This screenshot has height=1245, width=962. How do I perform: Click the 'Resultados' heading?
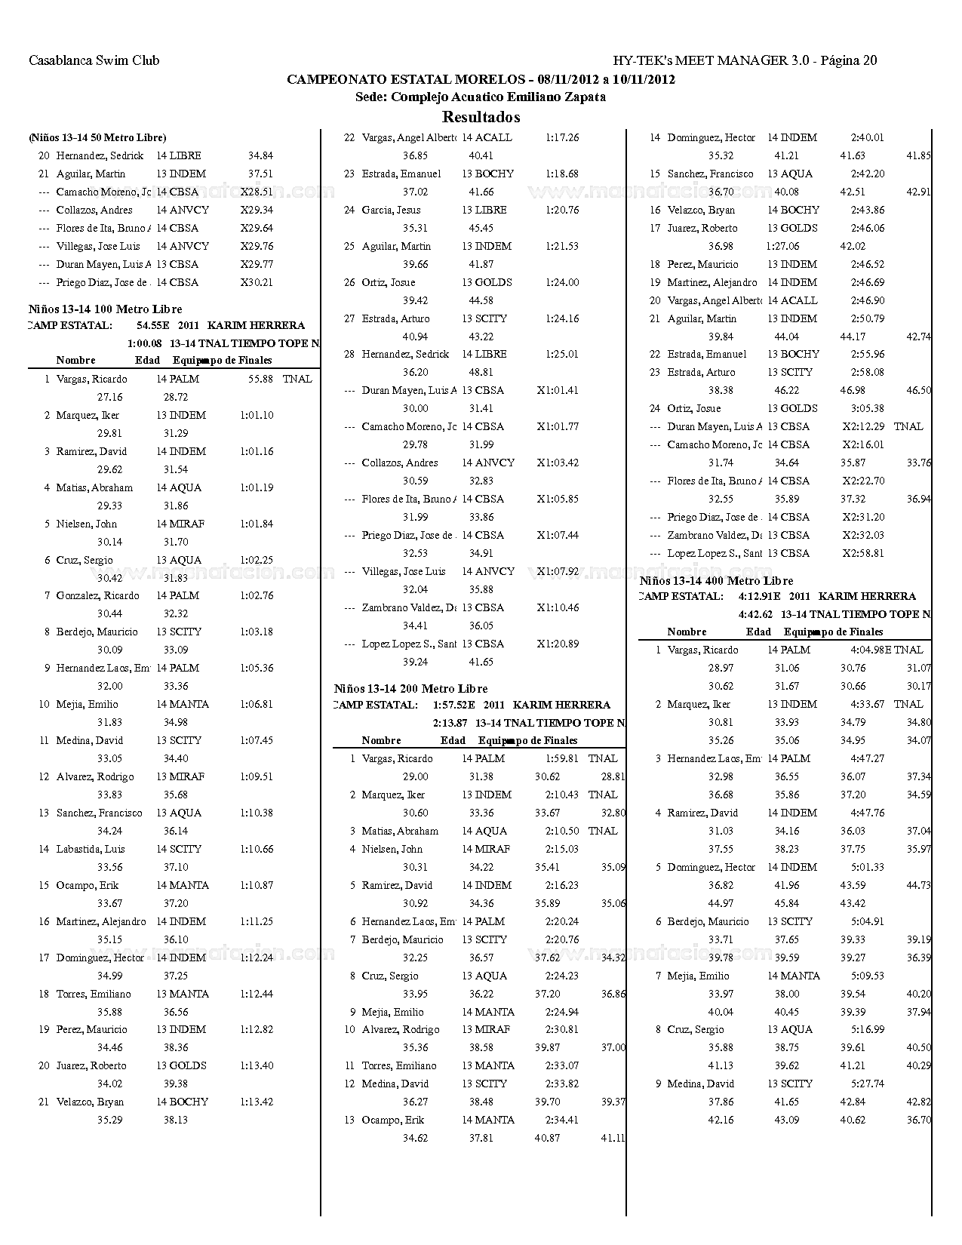(481, 117)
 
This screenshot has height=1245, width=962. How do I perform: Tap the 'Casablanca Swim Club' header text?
(94, 60)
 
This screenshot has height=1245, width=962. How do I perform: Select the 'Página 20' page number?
(848, 60)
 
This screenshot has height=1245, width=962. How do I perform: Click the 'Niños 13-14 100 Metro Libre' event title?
(106, 309)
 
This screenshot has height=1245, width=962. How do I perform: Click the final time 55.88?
(260, 380)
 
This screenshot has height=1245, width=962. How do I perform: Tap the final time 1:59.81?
(562, 759)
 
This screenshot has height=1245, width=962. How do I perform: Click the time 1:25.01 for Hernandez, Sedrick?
(562, 355)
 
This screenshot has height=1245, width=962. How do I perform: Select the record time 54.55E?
(152, 326)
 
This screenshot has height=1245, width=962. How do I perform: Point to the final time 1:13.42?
(257, 1102)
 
